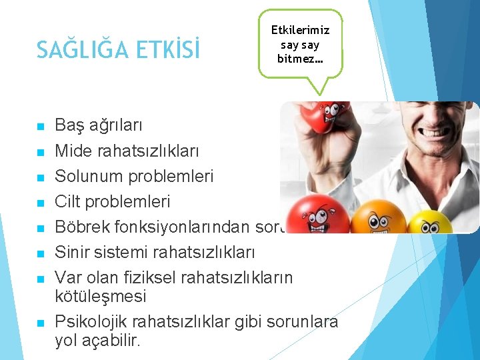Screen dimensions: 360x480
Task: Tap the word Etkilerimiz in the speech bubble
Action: [x=300, y=30]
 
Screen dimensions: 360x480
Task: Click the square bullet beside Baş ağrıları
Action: [x=41, y=126]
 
